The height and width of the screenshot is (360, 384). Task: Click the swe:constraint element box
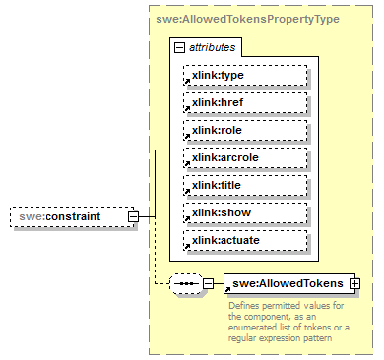coord(71,215)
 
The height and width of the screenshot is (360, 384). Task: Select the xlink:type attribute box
coord(245,75)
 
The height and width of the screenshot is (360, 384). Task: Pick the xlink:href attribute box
coord(245,102)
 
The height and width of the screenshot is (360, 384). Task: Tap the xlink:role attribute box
coord(245,130)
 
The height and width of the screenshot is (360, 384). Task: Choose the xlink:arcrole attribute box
coord(245,157)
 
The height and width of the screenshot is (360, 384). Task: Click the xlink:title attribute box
coord(245,185)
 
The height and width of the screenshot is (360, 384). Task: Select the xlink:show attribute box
coord(245,212)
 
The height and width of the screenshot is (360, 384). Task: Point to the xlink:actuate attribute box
coord(245,240)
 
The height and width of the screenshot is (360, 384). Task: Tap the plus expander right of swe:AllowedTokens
coord(355,284)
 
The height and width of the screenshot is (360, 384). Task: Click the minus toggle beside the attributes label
coord(178,47)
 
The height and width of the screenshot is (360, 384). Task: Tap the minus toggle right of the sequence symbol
coord(209,284)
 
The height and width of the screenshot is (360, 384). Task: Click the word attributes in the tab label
coord(212,47)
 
